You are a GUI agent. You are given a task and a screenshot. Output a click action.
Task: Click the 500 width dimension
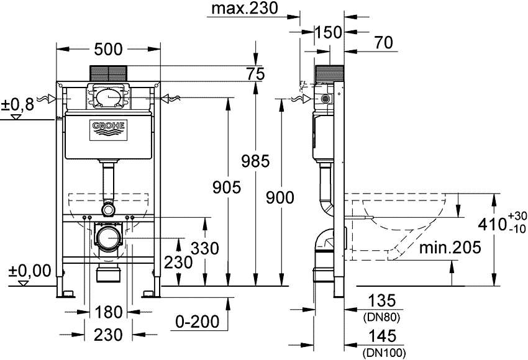(x=109, y=50)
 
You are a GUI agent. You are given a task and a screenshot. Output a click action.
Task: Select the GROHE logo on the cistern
(x=109, y=130)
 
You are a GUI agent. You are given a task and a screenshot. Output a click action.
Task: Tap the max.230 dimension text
(x=245, y=9)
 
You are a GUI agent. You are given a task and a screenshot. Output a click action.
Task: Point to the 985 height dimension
(x=255, y=161)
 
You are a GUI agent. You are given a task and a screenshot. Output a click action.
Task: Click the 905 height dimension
(x=227, y=187)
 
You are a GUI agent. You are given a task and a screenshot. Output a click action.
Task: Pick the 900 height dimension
(x=280, y=197)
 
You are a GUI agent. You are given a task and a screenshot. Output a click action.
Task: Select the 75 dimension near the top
(x=255, y=74)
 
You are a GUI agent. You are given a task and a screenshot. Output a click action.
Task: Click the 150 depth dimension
(x=329, y=32)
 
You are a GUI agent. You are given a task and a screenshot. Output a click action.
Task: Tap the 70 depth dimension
(x=383, y=43)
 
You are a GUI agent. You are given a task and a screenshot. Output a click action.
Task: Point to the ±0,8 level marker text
(x=18, y=105)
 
